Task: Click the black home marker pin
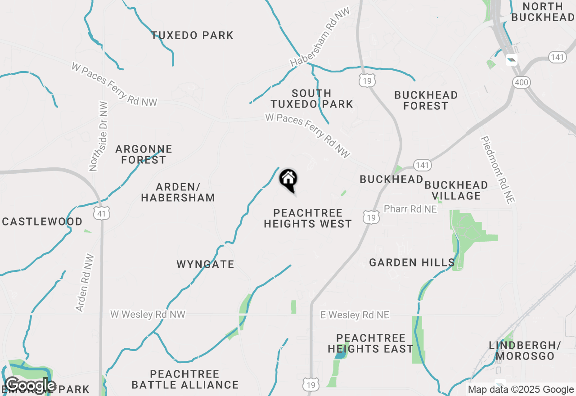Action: click(x=288, y=180)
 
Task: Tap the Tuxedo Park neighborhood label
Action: click(x=192, y=35)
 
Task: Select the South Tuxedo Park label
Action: click(x=311, y=99)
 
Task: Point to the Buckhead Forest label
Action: click(x=426, y=101)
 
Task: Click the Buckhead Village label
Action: click(x=456, y=190)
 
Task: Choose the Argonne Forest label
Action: click(x=144, y=154)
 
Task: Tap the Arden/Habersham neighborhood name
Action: click(x=178, y=192)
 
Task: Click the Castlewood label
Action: click(x=42, y=221)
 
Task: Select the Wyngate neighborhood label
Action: click(x=205, y=264)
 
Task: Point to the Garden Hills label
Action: click(x=412, y=262)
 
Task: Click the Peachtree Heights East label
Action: click(x=370, y=343)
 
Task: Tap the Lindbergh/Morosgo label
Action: click(x=525, y=351)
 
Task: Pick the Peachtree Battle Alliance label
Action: click(x=185, y=379)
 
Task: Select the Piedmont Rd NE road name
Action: click(x=497, y=170)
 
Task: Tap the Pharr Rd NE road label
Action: click(x=410, y=209)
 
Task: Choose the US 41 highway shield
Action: click(x=103, y=213)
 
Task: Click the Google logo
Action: click(x=30, y=385)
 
